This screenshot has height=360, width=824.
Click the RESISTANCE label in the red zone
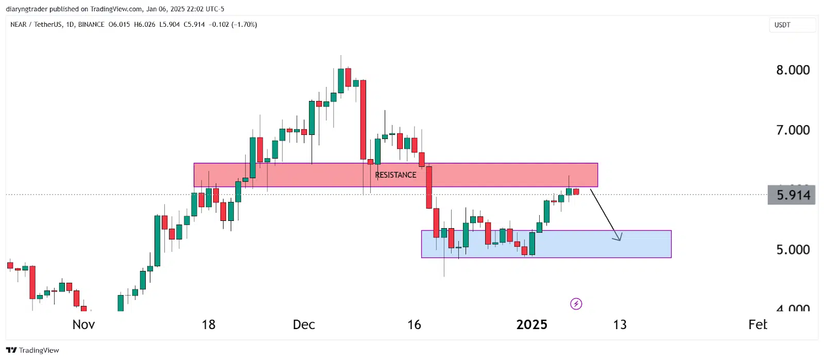[x=396, y=175]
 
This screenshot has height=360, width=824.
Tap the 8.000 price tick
[x=793, y=70]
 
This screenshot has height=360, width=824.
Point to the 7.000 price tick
[x=793, y=130]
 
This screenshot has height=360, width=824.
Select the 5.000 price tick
[x=793, y=250]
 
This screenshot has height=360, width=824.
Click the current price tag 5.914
[x=792, y=195]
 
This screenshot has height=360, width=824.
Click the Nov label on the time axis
[x=83, y=324]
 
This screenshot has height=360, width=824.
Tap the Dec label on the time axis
[x=304, y=324]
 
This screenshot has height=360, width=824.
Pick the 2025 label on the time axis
[x=531, y=324]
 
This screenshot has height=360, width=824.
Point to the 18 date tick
[x=208, y=324]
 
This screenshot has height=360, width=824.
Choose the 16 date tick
[x=414, y=324]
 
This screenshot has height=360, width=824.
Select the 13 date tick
[x=620, y=324]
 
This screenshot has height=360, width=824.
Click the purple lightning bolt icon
[x=576, y=304]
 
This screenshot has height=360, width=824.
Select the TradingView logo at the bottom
[x=32, y=350]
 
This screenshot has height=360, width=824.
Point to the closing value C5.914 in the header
[x=194, y=24]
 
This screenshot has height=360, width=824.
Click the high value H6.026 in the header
[x=144, y=24]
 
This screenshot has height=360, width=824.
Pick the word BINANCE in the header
[x=91, y=24]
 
